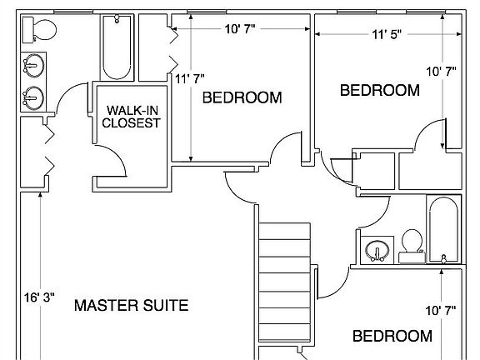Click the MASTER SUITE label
[132, 305]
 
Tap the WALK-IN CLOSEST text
[132, 117]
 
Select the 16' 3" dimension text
[38, 295]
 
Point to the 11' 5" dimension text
[387, 34]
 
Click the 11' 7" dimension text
[190, 80]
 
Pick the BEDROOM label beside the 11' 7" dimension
[242, 97]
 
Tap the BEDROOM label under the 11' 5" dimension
[379, 90]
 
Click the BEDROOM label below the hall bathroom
[392, 336]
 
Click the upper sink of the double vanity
[34, 64]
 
